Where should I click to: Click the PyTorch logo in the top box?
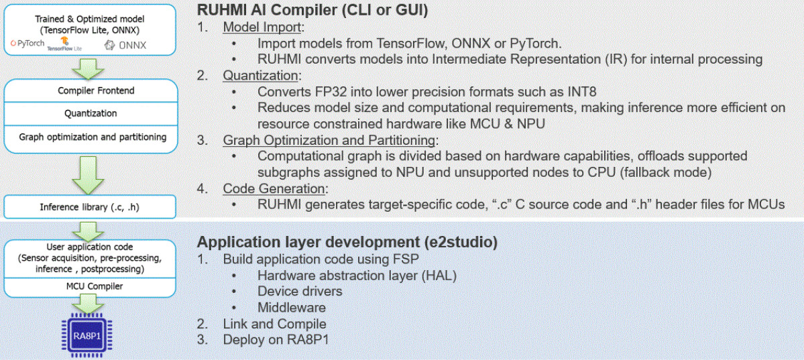27,44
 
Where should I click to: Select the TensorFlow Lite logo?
65,44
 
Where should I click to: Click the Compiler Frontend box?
91,91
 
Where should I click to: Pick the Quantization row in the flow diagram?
91,114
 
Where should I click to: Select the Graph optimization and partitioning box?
91,137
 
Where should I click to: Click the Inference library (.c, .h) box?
91,206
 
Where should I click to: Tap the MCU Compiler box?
91,286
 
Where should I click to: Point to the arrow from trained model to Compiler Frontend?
91,68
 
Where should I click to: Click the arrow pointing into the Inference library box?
91,175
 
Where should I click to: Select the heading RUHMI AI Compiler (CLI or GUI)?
312,10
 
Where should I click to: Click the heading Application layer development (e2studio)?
347,241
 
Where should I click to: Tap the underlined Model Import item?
263,27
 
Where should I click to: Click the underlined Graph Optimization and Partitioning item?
329,140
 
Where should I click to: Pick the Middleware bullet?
291,308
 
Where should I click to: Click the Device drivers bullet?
300,292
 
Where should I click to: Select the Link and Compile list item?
274,324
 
